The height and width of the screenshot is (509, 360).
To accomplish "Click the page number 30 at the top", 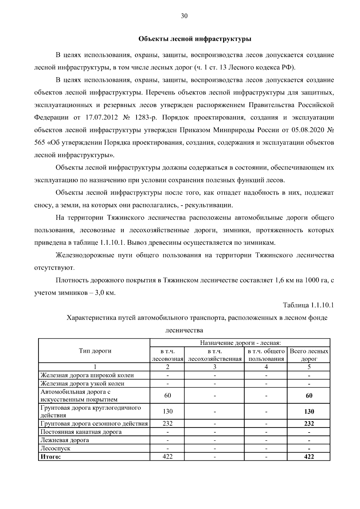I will tap(184, 16).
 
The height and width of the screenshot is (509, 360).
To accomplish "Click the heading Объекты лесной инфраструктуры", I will tap(195, 39).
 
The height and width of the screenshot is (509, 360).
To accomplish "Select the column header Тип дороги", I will tap(95, 351).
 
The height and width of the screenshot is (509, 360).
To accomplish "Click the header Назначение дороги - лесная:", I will tap(240, 343).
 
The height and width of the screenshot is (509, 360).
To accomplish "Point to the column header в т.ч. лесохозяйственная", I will tap(214, 355).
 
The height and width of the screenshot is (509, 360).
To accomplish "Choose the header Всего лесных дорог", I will tap(309, 355).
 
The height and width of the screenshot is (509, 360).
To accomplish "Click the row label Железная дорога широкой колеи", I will tap(87, 375).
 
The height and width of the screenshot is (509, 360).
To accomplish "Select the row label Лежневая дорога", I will tap(65, 440).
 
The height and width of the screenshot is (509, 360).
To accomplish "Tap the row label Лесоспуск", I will tap(55, 448).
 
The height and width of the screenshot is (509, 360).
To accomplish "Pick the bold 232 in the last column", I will tap(309, 424).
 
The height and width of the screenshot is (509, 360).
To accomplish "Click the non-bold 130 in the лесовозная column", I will tap(167, 412).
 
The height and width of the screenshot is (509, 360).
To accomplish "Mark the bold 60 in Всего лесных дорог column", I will tap(309, 395).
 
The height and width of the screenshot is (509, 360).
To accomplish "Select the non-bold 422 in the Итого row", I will tap(167, 457).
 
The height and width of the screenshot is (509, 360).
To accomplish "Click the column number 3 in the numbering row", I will tap(214, 367).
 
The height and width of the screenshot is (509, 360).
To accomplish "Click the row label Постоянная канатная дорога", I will tap(81, 432).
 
